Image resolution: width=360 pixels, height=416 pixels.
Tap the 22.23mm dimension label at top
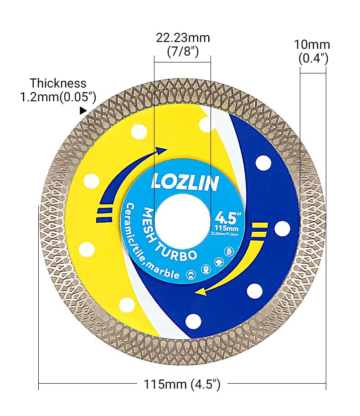pos(183,38)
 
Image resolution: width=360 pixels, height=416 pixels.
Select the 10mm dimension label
pos(312,45)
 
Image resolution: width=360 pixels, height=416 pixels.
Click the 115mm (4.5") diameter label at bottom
pos(182,384)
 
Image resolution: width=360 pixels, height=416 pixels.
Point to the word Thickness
pos(58,83)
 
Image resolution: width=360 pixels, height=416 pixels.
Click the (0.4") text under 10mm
pos(313,58)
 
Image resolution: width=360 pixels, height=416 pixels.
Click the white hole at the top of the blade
pos(206,124)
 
